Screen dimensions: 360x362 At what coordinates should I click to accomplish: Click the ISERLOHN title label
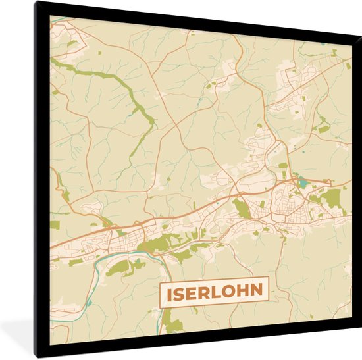pyautogui.click(x=213, y=290)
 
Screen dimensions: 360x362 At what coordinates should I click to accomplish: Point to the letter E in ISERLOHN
pyautogui.click(x=192, y=291)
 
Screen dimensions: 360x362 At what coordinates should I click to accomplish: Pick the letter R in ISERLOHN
pyautogui.click(x=205, y=291)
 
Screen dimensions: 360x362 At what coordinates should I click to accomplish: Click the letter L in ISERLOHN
pyautogui.click(x=218, y=291)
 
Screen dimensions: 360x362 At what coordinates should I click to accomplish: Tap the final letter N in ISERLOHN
pyautogui.click(x=258, y=291)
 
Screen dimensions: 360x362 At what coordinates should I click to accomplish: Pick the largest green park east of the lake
pyautogui.click(x=332, y=197)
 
